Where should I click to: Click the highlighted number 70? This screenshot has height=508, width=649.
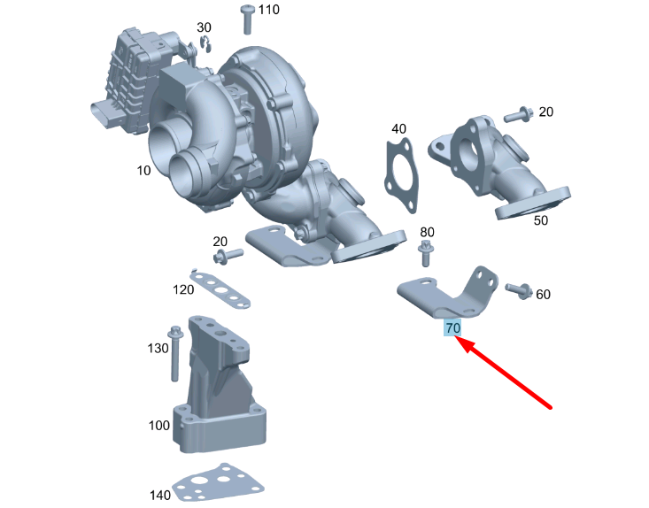click(x=453, y=328)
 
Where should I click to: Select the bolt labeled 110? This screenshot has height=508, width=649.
click(x=247, y=19)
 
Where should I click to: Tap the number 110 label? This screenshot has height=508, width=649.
click(x=268, y=10)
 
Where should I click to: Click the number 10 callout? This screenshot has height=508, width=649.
click(x=144, y=171)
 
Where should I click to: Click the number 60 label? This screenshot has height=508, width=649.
click(x=544, y=294)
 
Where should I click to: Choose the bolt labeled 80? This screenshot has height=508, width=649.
click(x=426, y=255)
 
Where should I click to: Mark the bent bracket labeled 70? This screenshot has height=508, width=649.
click(x=452, y=293)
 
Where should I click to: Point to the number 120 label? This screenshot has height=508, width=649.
click(x=183, y=289)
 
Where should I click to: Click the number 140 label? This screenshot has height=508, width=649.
click(x=159, y=494)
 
